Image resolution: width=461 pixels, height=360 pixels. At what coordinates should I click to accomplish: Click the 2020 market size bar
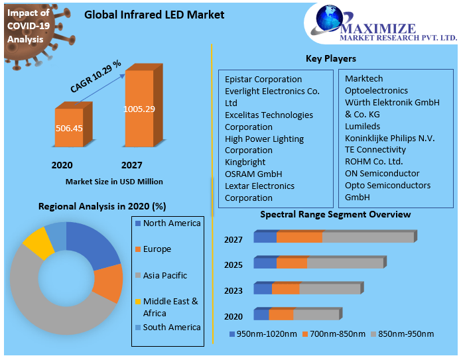(69, 127)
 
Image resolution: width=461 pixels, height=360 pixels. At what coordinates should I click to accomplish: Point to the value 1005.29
(139, 109)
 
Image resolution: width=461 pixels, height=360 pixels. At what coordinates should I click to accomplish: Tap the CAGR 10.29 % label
(96, 76)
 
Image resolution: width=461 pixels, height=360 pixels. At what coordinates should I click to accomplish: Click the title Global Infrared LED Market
(155, 15)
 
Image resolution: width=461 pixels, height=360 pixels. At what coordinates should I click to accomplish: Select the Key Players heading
(330, 58)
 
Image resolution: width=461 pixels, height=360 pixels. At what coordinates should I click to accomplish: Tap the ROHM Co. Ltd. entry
(373, 161)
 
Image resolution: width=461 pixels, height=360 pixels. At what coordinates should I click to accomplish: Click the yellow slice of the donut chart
(38, 243)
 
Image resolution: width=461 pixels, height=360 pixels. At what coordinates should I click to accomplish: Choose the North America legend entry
(171, 223)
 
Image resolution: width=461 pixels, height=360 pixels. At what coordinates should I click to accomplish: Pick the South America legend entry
(171, 328)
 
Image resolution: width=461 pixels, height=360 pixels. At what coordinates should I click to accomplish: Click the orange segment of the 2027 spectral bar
(299, 237)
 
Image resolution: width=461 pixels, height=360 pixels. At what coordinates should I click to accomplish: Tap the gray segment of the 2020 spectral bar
(316, 315)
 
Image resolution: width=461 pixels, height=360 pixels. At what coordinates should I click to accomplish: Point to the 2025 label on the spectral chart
(233, 265)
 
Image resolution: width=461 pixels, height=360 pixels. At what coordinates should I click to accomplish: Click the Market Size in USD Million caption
(114, 182)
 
